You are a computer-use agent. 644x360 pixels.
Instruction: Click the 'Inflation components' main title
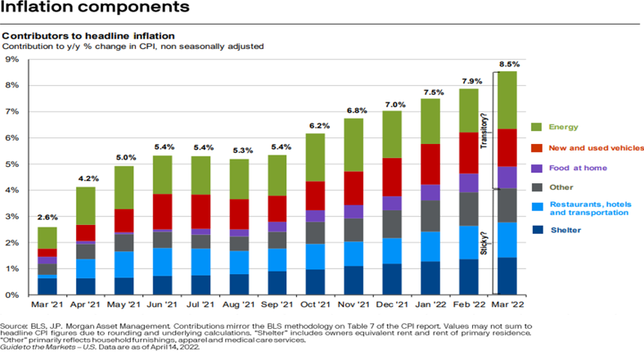pos(97,9)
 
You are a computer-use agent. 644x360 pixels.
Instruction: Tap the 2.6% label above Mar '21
pos(48,218)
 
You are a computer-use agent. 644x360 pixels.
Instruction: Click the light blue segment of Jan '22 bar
pos(432,246)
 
